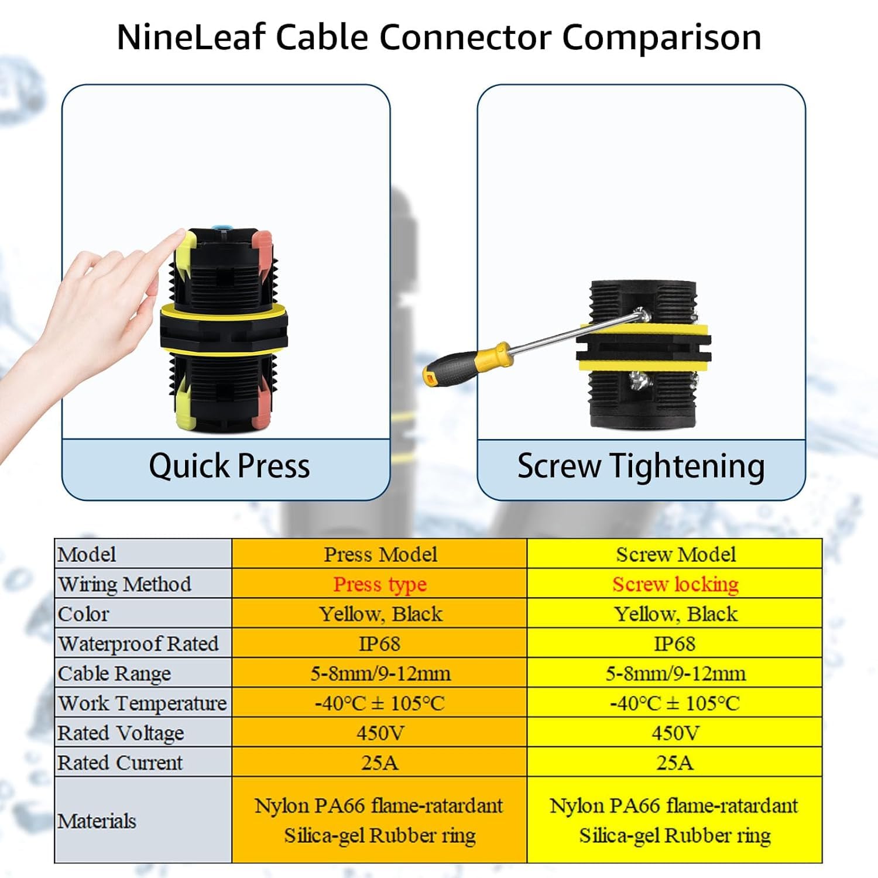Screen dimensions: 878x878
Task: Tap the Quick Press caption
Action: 229,467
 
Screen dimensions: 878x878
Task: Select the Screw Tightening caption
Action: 641,467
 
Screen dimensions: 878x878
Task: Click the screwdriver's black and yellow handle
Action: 462,364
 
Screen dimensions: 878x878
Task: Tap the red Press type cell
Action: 380,584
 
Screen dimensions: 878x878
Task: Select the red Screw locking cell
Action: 675,584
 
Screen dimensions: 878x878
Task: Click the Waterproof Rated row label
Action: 139,643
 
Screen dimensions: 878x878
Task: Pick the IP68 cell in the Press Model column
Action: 380,644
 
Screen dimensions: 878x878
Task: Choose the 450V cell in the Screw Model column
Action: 675,733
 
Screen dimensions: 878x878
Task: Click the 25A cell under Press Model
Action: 380,763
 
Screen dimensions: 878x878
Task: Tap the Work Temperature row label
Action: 142,703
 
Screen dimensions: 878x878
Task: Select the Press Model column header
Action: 380,554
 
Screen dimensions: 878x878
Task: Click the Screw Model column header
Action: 675,554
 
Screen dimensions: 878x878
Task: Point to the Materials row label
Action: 97,821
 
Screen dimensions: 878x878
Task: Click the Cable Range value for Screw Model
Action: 675,673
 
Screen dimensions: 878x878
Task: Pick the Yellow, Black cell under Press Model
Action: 380,614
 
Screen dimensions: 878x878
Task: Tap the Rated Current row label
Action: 120,763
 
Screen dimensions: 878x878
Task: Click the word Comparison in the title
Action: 661,37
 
